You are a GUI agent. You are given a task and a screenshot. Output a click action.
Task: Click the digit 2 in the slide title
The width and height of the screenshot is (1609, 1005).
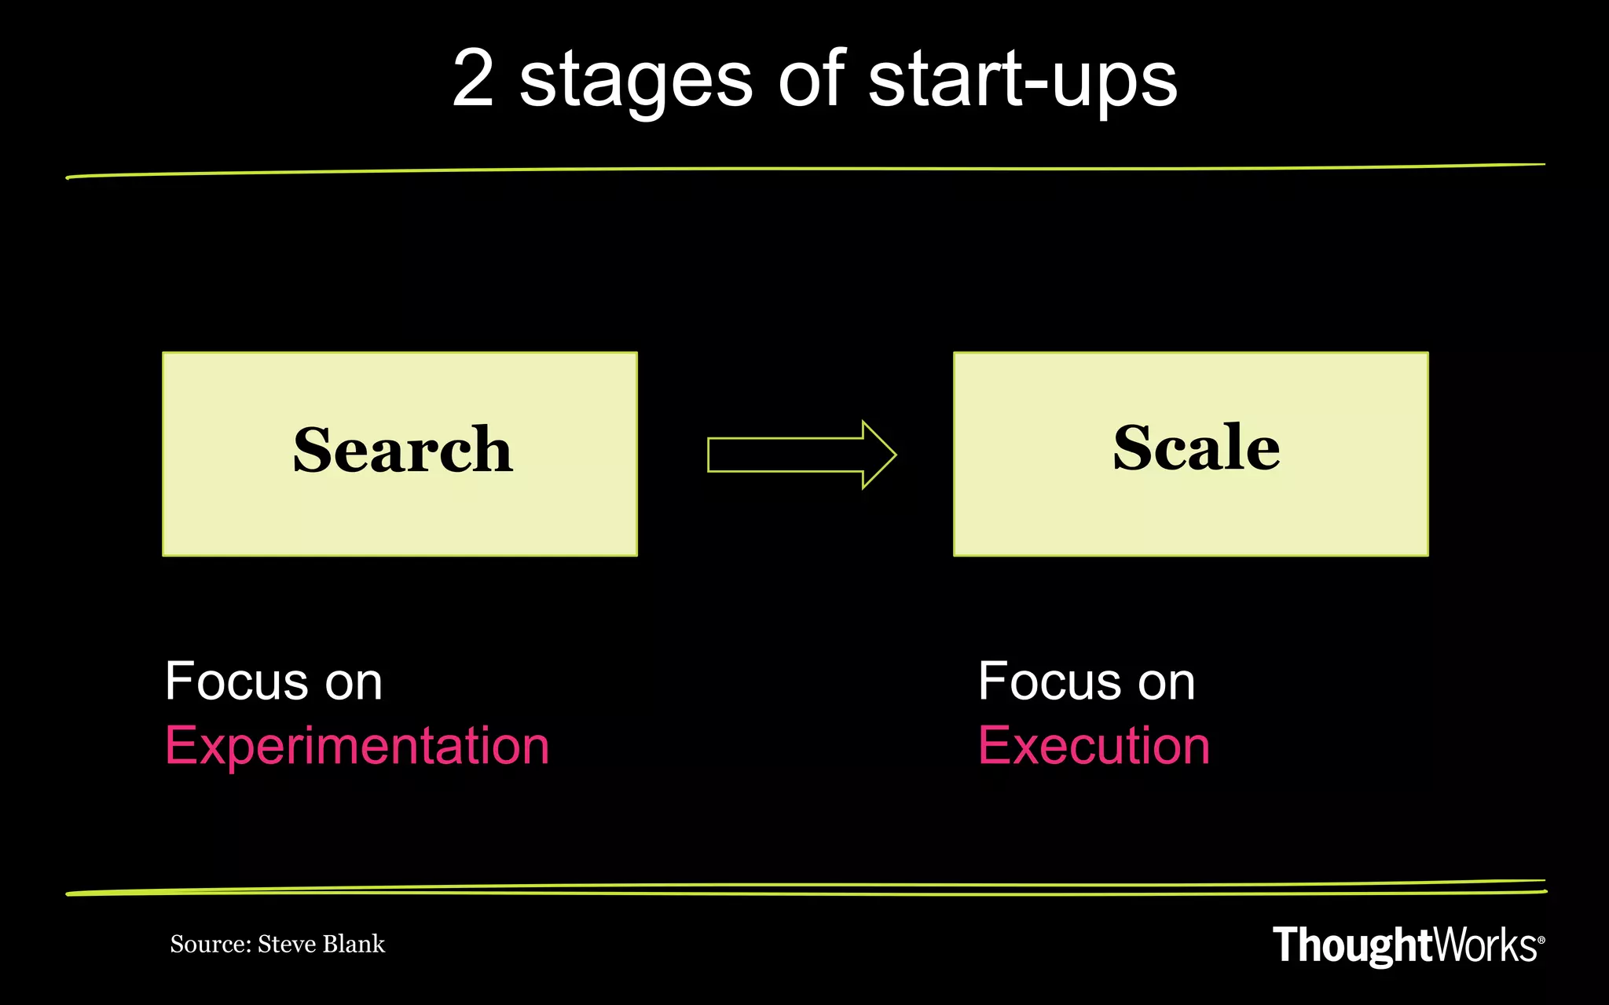[x=474, y=79]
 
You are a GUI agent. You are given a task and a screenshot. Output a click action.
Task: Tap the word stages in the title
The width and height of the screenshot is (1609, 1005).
[x=636, y=82]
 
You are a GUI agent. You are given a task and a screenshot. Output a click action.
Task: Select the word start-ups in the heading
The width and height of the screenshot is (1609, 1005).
[x=1022, y=80]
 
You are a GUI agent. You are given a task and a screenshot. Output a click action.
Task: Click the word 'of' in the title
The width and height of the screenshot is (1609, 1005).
[x=812, y=79]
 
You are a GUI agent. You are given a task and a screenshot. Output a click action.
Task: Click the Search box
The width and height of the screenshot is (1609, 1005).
[x=400, y=454]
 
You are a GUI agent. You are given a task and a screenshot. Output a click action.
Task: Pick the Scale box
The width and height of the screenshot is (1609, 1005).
[x=1190, y=454]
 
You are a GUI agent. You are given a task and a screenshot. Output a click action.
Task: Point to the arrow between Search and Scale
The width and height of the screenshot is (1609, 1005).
[x=801, y=455]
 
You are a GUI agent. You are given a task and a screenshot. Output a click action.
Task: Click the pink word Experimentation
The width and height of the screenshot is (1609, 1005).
[x=357, y=745]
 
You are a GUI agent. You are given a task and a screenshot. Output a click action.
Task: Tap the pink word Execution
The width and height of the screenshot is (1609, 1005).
[x=1094, y=745]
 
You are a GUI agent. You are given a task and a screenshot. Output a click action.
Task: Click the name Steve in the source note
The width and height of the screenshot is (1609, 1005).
[x=286, y=944]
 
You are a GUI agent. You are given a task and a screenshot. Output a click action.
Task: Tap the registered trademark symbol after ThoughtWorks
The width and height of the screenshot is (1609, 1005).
[x=1541, y=939]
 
